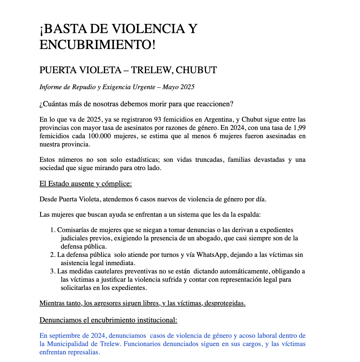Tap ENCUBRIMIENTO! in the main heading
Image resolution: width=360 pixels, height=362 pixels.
[97, 45]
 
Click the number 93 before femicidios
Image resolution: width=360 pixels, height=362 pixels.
[158, 120]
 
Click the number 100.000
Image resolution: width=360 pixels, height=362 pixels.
[99, 136]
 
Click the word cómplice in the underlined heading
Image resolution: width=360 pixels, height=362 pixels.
[116, 184]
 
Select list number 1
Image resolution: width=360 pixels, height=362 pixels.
[53, 230]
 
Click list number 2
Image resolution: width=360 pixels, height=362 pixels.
[53, 255]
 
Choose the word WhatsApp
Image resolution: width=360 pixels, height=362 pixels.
[212, 255]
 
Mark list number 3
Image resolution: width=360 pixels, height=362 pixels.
[53, 271]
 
